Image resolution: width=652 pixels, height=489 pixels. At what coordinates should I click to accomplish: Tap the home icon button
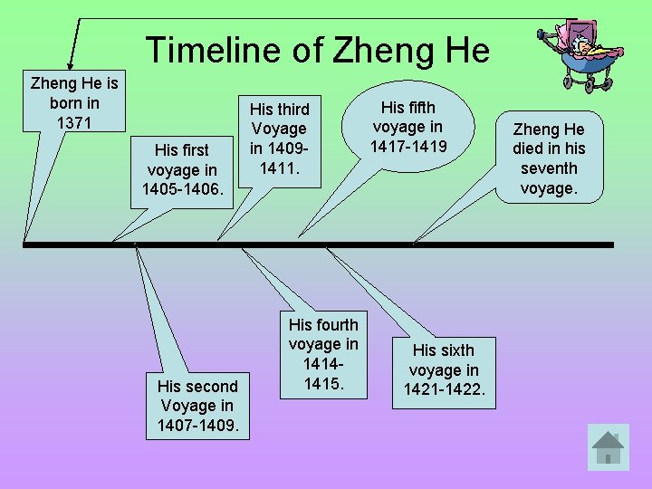pyautogui.click(x=608, y=446)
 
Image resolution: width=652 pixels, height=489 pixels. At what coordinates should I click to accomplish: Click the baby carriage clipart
pyautogui.click(x=575, y=54)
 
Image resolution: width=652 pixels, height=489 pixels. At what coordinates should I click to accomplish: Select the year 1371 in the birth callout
pyautogui.click(x=74, y=122)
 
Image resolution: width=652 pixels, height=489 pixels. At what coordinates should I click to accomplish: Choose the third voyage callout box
pyautogui.click(x=279, y=139)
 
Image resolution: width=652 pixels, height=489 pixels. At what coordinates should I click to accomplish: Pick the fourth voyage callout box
pyautogui.click(x=323, y=354)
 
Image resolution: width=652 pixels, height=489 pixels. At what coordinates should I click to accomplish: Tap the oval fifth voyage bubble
pyautogui.click(x=407, y=127)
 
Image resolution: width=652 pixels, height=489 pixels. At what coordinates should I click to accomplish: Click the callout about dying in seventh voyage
pyautogui.click(x=549, y=158)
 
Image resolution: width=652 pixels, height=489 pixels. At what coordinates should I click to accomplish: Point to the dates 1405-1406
pyautogui.click(x=181, y=189)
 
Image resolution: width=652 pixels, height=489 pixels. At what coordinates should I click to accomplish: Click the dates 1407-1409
pyautogui.click(x=197, y=425)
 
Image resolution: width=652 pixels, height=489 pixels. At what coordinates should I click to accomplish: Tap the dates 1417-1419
pyautogui.click(x=407, y=146)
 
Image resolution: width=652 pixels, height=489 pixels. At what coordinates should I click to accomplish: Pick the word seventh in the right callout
pyautogui.click(x=549, y=168)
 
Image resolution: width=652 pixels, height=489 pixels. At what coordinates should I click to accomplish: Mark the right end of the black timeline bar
pyautogui.click(x=611, y=244)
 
